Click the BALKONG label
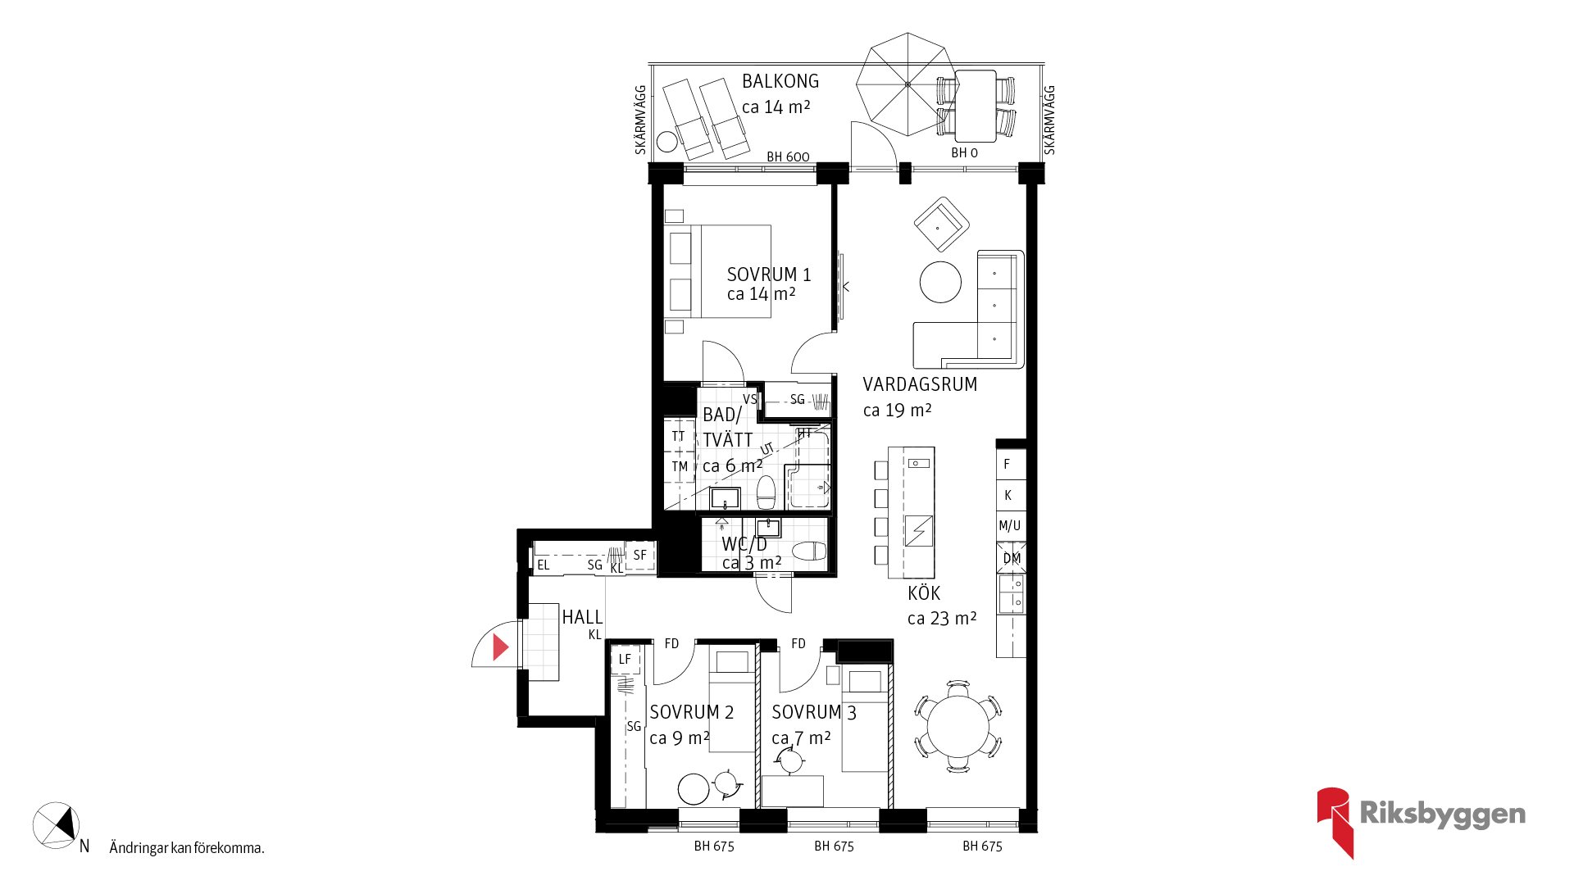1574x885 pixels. [780, 81]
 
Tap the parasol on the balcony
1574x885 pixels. [908, 84]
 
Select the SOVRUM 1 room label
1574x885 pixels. [769, 275]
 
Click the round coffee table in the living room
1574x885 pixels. [940, 282]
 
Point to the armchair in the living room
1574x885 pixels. [942, 224]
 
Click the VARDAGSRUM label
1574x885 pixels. [920, 384]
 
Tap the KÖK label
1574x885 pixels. [924, 593]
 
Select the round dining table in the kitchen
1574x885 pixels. [958, 726]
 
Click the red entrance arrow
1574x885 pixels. [500, 647]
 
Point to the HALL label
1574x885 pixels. [582, 617]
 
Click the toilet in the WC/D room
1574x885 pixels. [809, 550]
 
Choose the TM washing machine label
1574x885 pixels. [680, 467]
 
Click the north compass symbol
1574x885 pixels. [56, 825]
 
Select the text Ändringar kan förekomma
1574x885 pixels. [187, 848]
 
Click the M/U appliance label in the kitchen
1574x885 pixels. [1010, 526]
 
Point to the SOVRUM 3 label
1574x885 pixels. [814, 713]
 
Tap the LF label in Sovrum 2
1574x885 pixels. [626, 659]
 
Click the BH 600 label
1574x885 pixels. [788, 157]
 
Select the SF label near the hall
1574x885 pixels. [640, 555]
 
